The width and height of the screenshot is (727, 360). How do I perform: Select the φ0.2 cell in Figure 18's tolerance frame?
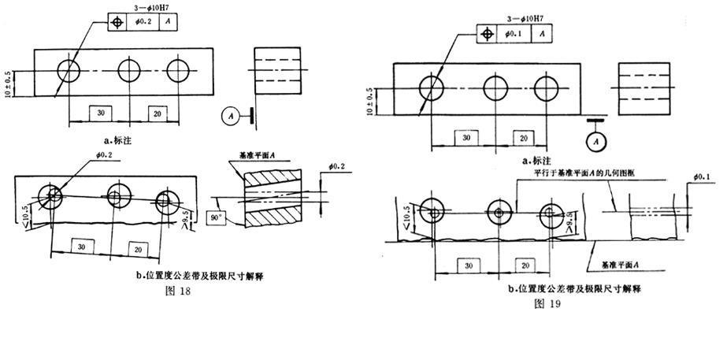tap(143, 22)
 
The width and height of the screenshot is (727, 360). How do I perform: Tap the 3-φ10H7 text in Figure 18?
tap(134, 7)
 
